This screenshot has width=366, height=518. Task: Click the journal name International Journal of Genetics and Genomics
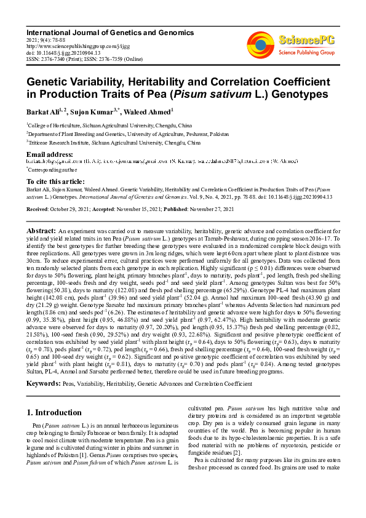tap(109, 32)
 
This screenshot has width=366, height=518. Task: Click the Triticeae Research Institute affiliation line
tap(113, 142)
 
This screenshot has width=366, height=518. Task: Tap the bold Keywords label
tap(43, 383)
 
